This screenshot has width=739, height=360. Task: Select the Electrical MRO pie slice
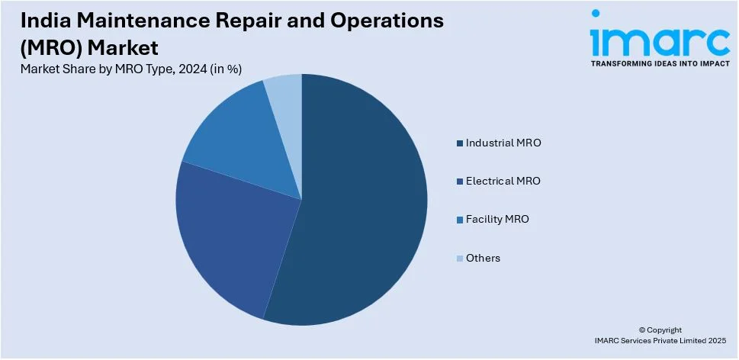coord(229,236)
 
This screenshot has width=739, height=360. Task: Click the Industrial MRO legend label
coord(503,143)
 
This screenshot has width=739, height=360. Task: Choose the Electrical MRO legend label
coord(503,181)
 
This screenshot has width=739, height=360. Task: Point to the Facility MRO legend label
coord(497,220)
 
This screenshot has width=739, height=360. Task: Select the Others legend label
coord(483,259)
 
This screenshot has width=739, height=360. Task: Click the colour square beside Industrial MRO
coord(459,143)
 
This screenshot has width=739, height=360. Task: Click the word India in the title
coord(42,21)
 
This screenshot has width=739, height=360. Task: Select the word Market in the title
coord(124,48)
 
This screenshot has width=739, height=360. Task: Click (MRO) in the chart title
coord(53,48)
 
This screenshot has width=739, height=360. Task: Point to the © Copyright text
coord(660,329)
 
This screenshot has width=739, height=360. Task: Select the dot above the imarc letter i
coord(596,14)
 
